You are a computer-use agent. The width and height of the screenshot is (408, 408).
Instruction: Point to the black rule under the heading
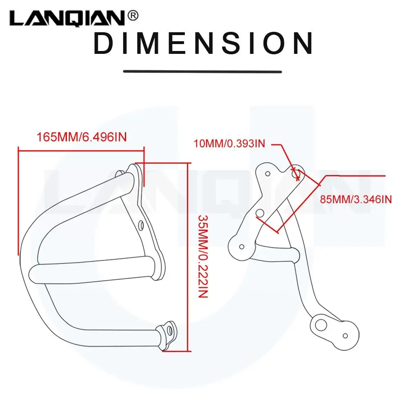pyautogui.click(x=203, y=71)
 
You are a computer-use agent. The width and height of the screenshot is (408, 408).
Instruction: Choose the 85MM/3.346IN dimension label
pyautogui.click(x=356, y=199)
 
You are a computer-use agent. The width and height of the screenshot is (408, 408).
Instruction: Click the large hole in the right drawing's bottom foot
pyautogui.click(x=321, y=325)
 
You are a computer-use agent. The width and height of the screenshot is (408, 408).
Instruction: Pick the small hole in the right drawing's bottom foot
pyautogui.click(x=345, y=335)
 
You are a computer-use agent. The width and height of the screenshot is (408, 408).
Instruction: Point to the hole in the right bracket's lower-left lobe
pyautogui.click(x=241, y=246)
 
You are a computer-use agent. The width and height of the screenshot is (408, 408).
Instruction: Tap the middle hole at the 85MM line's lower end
pyautogui.click(x=259, y=213)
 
